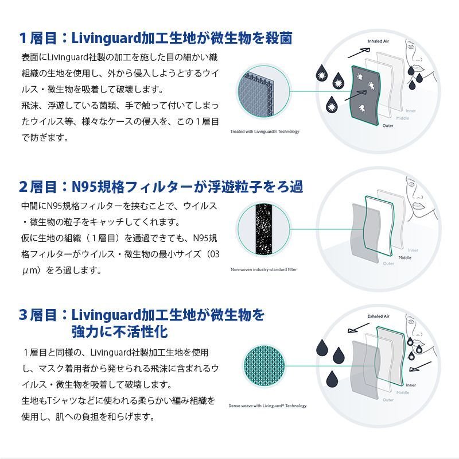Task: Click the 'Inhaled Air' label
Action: [x=379, y=41]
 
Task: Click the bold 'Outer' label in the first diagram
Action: [x=388, y=125]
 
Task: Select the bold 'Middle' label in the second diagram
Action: [x=404, y=257]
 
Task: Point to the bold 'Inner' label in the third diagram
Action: [x=411, y=385]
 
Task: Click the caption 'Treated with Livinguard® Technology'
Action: [x=264, y=132]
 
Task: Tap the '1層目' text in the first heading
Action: [x=37, y=38]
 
